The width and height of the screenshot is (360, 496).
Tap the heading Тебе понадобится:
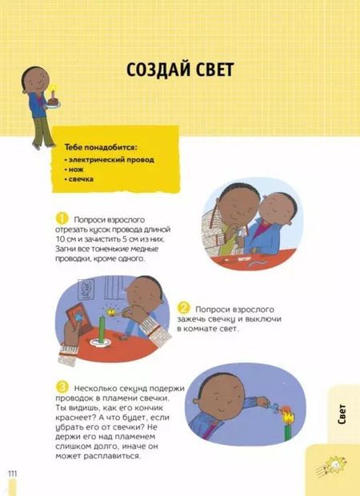[101, 148]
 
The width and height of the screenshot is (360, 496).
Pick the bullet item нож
[78, 169]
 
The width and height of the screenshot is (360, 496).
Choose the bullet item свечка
[82, 178]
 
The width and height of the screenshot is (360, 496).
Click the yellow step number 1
[61, 218]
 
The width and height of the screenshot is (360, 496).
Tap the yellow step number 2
[183, 307]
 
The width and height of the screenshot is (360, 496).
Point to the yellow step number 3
[61, 385]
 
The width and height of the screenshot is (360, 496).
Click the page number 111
[13, 477]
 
